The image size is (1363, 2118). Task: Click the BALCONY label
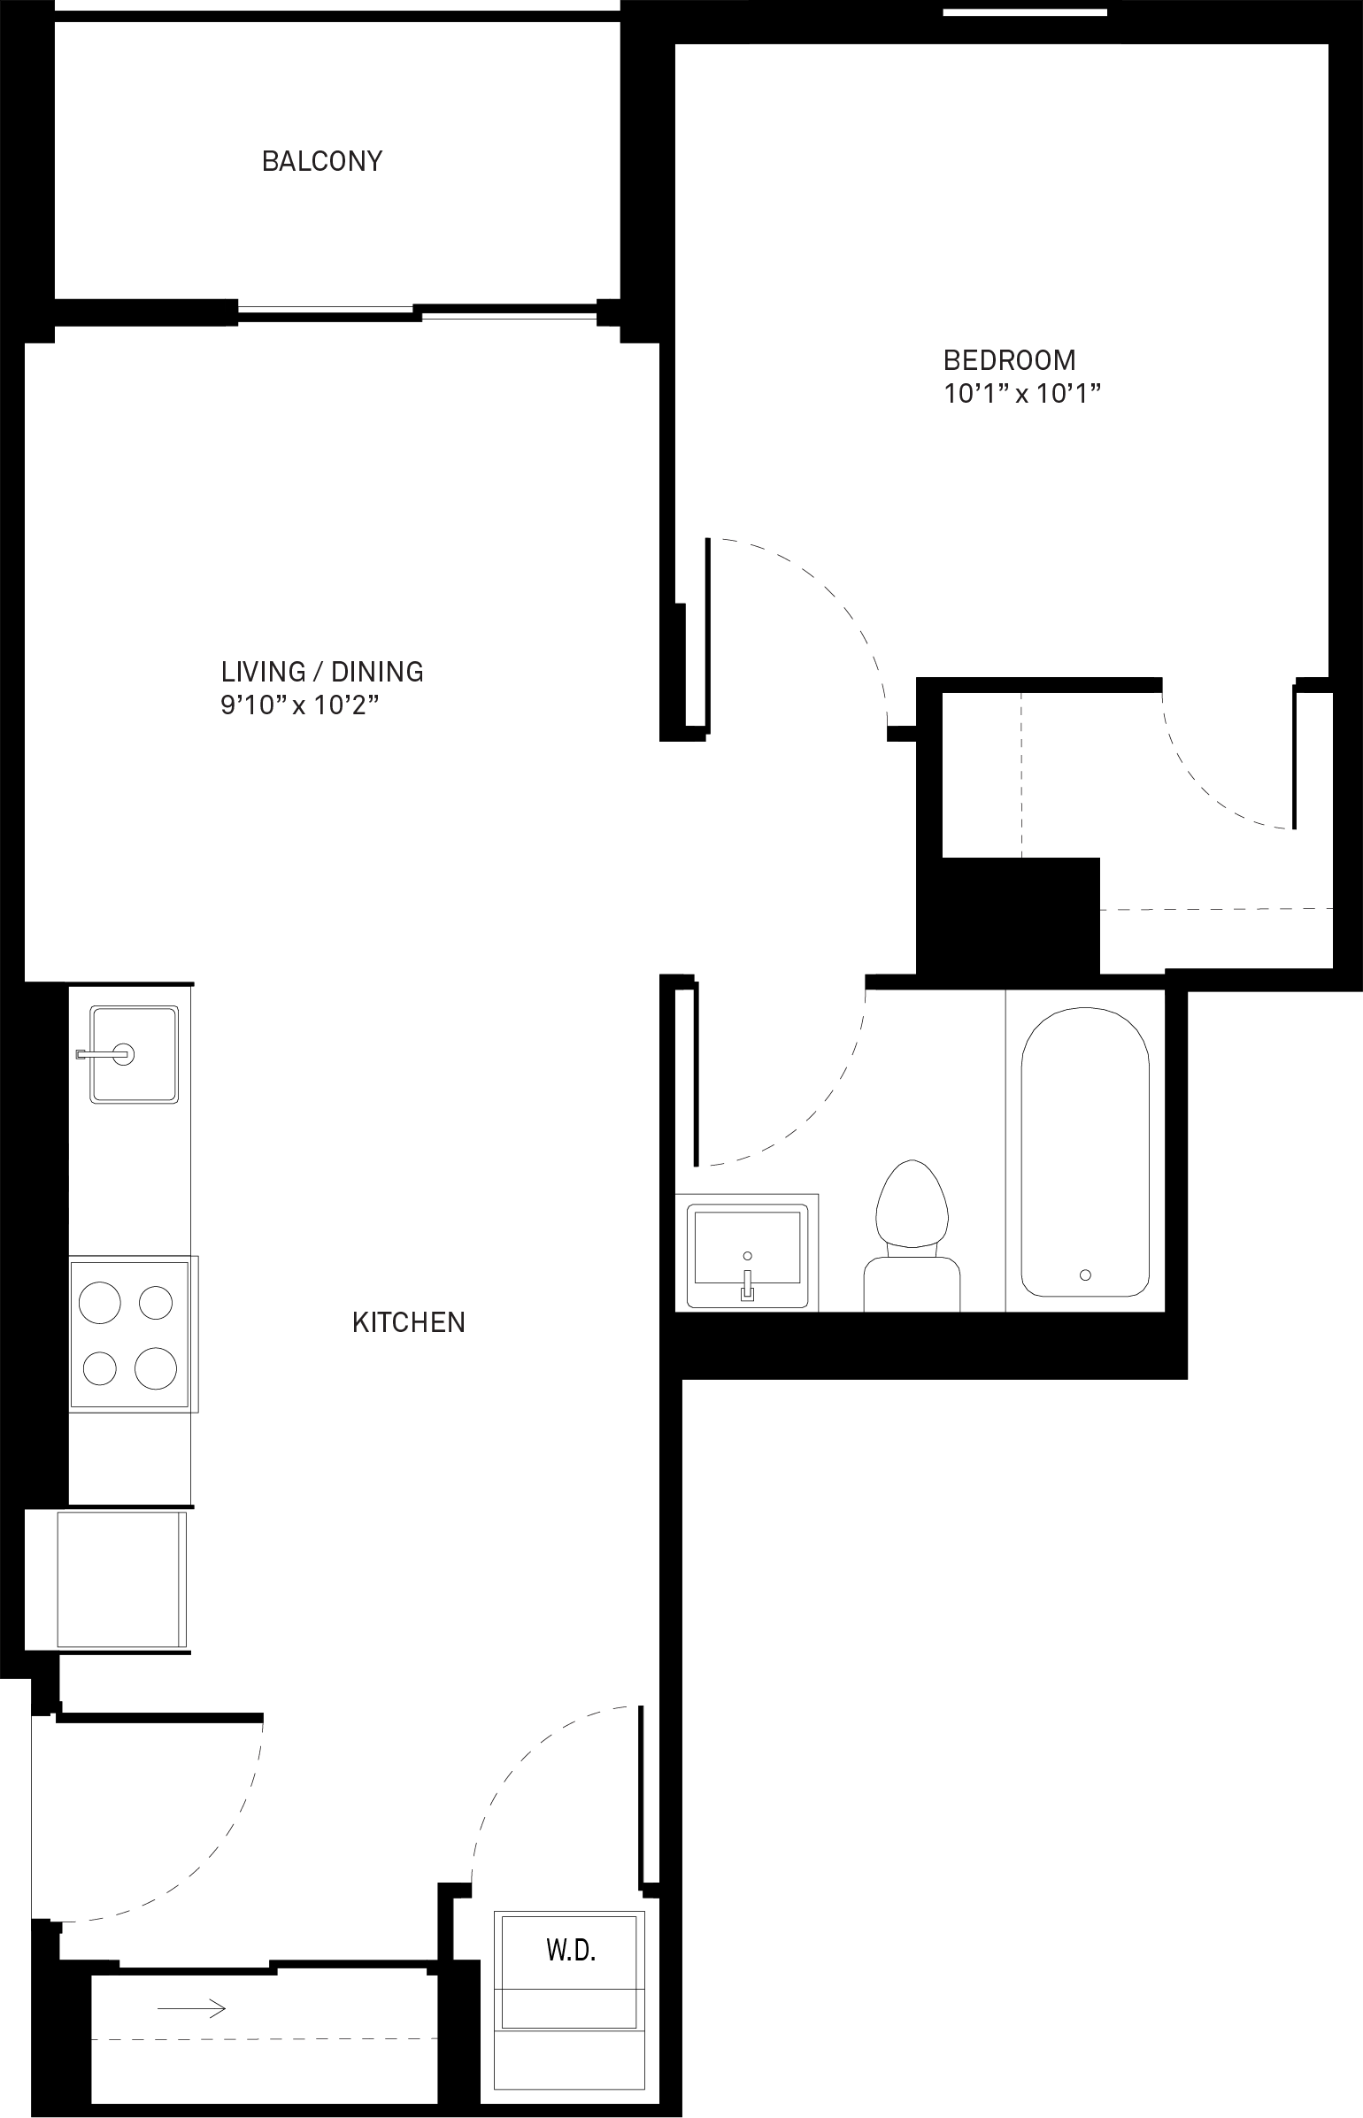[322, 161]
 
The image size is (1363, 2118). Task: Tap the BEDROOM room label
[1010, 360]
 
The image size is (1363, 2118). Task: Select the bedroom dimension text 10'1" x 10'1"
[1022, 393]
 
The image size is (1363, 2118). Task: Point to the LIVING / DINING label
[322, 672]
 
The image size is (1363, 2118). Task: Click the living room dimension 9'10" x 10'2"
[306, 705]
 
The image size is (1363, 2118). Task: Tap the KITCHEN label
[409, 1322]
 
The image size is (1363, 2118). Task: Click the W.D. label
[571, 1950]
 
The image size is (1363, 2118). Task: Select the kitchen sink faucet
[106, 1053]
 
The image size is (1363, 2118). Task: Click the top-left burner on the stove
[100, 1302]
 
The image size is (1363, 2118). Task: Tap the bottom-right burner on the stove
[156, 1368]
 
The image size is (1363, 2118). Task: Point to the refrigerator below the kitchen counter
[122, 1580]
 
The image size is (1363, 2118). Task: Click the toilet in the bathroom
[912, 1236]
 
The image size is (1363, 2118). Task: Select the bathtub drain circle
[1085, 1275]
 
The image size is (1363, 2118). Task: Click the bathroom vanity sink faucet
[748, 1283]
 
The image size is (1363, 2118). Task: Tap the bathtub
[1085, 1151]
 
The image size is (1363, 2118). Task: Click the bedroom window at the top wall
[1025, 12]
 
